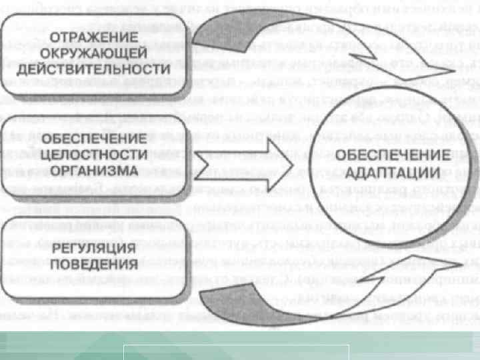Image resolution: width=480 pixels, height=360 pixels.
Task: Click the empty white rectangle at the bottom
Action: coord(236,343)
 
